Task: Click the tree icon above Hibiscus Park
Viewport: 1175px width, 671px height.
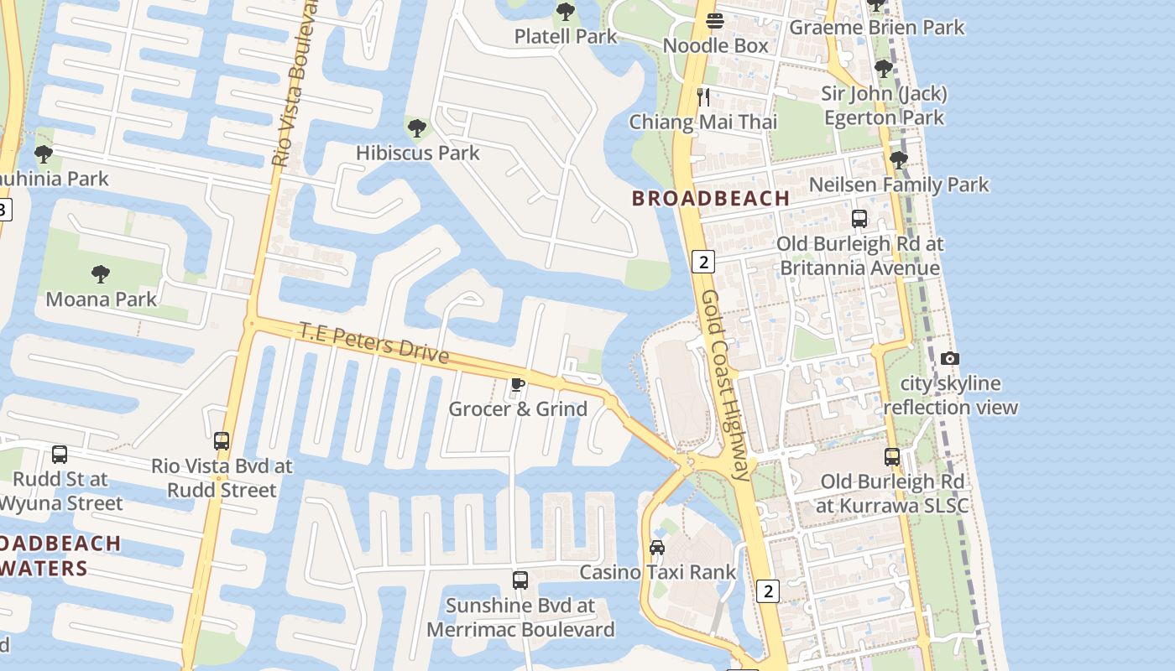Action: pos(416,128)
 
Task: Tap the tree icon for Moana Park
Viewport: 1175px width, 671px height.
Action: pos(101,274)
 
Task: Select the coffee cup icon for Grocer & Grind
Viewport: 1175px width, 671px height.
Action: pos(518,385)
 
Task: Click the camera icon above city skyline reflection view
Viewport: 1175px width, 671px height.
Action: pos(949,358)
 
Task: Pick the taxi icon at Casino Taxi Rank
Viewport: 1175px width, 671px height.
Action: pos(657,548)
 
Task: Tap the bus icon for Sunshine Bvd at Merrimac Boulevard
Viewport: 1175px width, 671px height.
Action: pos(520,580)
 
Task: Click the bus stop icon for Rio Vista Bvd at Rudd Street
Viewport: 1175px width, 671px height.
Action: pos(222,440)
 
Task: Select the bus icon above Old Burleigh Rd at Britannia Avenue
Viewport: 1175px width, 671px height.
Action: pos(859,219)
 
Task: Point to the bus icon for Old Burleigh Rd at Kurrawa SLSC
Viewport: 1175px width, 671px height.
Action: pos(892,457)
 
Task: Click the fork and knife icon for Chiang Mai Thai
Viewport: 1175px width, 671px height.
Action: pos(703,96)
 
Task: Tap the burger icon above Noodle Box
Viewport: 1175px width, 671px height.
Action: pos(715,20)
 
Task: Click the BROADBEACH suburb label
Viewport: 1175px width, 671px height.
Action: pos(711,199)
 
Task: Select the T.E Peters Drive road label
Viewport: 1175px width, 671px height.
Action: pos(374,343)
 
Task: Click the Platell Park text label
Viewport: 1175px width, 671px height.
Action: pos(566,36)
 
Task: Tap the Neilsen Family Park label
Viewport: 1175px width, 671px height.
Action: pos(899,185)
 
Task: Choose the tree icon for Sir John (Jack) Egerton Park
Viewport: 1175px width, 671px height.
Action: pos(883,68)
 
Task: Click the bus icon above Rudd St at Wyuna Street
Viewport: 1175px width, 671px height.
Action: pos(60,455)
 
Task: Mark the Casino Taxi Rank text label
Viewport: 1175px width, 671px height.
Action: pos(657,572)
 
